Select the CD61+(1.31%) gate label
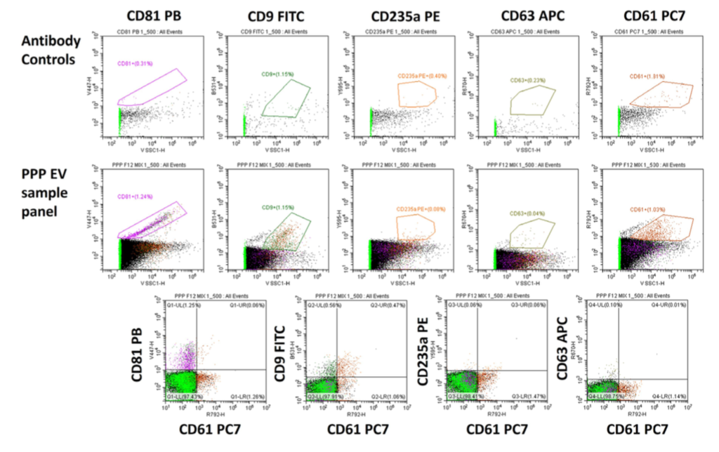[647, 77]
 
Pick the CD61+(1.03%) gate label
[646, 210]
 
